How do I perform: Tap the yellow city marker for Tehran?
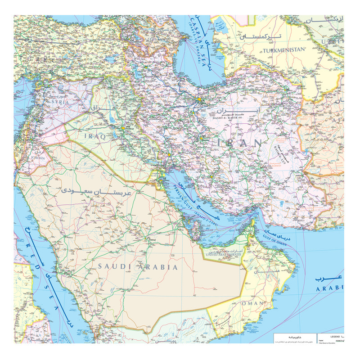[199, 99]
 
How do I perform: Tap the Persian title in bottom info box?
[292, 337]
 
